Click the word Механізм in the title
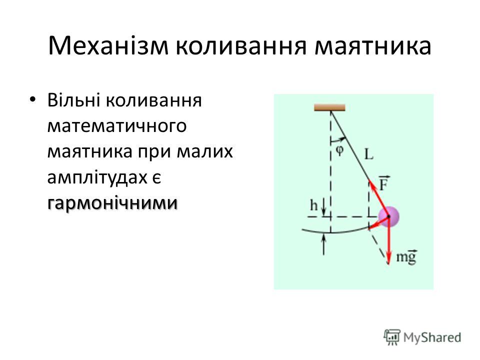point(108,46)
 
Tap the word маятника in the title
point(373,46)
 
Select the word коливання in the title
point(241,46)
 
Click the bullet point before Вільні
point(32,99)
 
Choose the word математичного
point(117,126)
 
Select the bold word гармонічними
point(112,203)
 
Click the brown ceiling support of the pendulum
point(329,107)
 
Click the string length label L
point(369,154)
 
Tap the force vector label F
point(384,183)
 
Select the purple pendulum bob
point(388,216)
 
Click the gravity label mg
point(406,256)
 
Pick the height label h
point(314,205)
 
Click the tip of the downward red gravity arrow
point(388,264)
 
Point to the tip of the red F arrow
point(369,180)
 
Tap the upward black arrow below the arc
point(324,244)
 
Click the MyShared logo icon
point(392,337)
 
